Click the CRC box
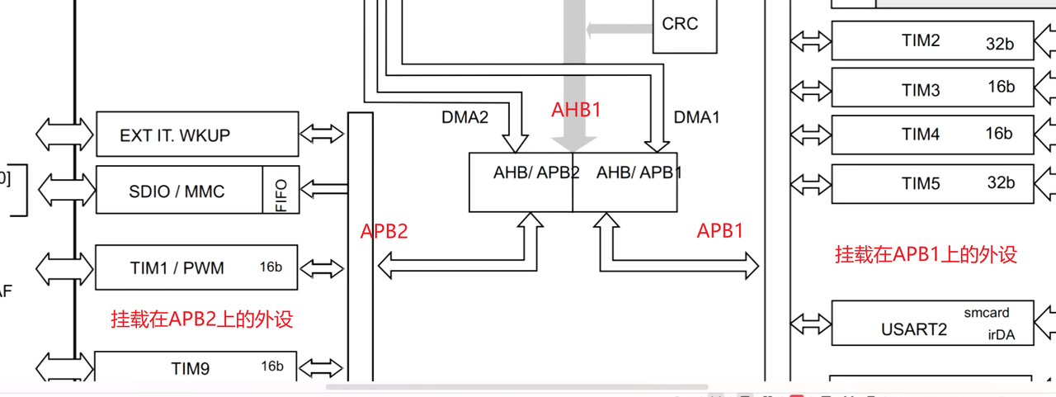coord(684,25)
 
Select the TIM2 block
coord(931,40)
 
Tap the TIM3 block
coord(931,88)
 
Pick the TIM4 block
coord(931,135)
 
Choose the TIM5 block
coord(931,183)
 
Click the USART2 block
coord(931,323)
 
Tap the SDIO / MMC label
coord(177,191)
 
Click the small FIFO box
coord(281,191)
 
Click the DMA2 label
coord(464,118)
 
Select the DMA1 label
coord(696,118)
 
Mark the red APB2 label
coord(384,232)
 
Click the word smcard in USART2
coord(986,313)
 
